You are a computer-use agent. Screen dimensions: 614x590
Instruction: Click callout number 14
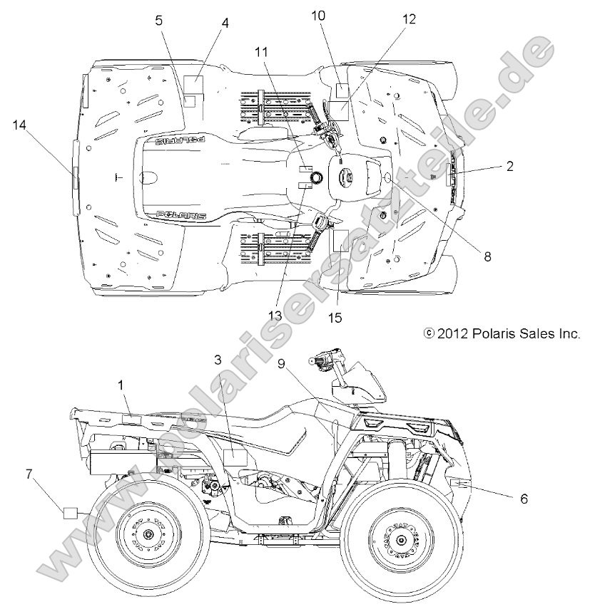(19, 125)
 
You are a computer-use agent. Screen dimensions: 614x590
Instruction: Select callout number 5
(159, 21)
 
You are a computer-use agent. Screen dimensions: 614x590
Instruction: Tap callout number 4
(225, 23)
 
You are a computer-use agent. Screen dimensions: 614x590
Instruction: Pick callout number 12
(408, 20)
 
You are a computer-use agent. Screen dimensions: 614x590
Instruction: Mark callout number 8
(488, 257)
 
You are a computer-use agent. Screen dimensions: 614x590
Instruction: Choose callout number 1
(121, 385)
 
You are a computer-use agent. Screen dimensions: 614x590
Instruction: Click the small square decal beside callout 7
(70, 513)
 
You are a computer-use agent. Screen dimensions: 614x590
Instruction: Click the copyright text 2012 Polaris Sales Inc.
(502, 333)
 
